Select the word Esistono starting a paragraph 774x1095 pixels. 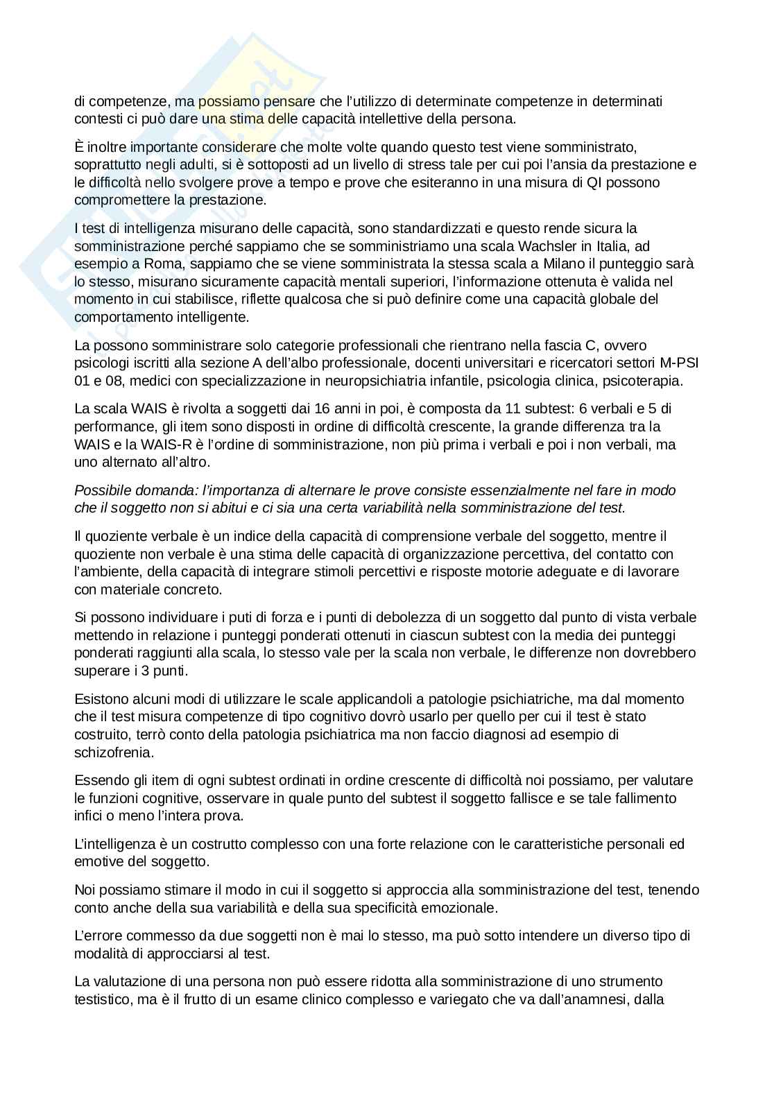pos(101,699)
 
